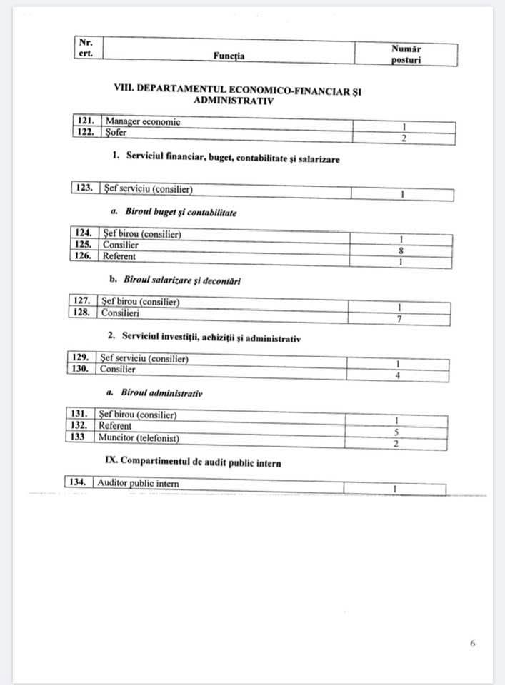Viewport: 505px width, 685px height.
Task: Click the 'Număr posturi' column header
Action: [x=406, y=54]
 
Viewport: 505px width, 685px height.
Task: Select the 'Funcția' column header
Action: [x=229, y=56]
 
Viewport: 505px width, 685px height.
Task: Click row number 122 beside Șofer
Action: [x=87, y=133]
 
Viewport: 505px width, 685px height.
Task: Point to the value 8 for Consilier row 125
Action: [x=401, y=250]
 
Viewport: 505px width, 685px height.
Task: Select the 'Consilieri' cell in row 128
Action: [x=120, y=313]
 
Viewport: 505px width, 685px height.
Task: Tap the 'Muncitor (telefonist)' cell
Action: [x=139, y=437]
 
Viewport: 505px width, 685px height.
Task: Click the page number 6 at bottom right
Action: [x=472, y=643]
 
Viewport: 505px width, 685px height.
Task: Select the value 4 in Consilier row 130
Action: [x=398, y=375]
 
